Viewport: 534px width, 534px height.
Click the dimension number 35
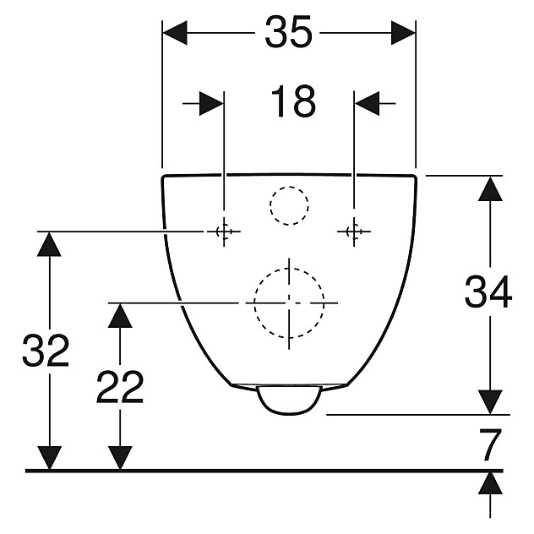tap(289, 34)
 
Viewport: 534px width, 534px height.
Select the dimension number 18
tap(292, 102)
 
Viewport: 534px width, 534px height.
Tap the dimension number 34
tap(488, 294)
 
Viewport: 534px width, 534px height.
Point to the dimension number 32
tap(46, 351)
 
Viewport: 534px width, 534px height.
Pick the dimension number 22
tap(120, 388)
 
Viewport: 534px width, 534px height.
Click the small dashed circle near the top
tap(289, 205)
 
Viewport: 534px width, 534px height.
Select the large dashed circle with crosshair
tap(289, 302)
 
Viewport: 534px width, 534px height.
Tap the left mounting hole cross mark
tap(224, 232)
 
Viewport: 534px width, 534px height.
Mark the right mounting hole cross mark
tap(354, 232)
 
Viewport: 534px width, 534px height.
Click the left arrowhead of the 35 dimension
tap(174, 34)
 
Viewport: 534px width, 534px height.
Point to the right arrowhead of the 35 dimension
tap(403, 34)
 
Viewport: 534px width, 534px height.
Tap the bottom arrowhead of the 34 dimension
tap(489, 402)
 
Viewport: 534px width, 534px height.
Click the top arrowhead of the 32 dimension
tap(51, 245)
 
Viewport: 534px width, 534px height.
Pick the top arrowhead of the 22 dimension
tap(121, 316)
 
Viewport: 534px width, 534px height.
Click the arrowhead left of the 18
tap(212, 103)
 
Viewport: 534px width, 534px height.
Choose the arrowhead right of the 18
tap(367, 103)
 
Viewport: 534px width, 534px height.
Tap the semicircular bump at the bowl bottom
tap(289, 400)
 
